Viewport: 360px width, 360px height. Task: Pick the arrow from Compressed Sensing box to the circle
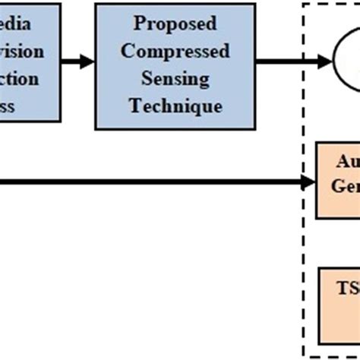click(x=281, y=61)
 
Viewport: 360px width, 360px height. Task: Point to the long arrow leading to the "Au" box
click(x=152, y=182)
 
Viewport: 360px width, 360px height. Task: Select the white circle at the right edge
click(x=347, y=59)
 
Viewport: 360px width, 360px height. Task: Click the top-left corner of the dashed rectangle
click(x=303, y=5)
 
